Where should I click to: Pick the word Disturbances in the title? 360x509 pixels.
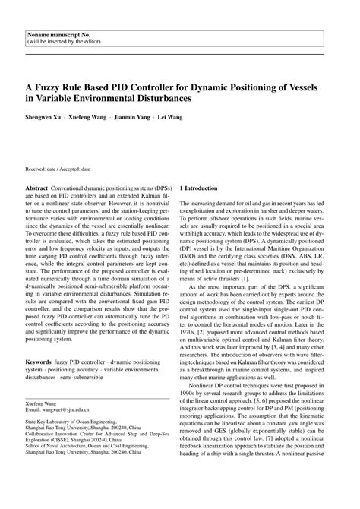point(169,98)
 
